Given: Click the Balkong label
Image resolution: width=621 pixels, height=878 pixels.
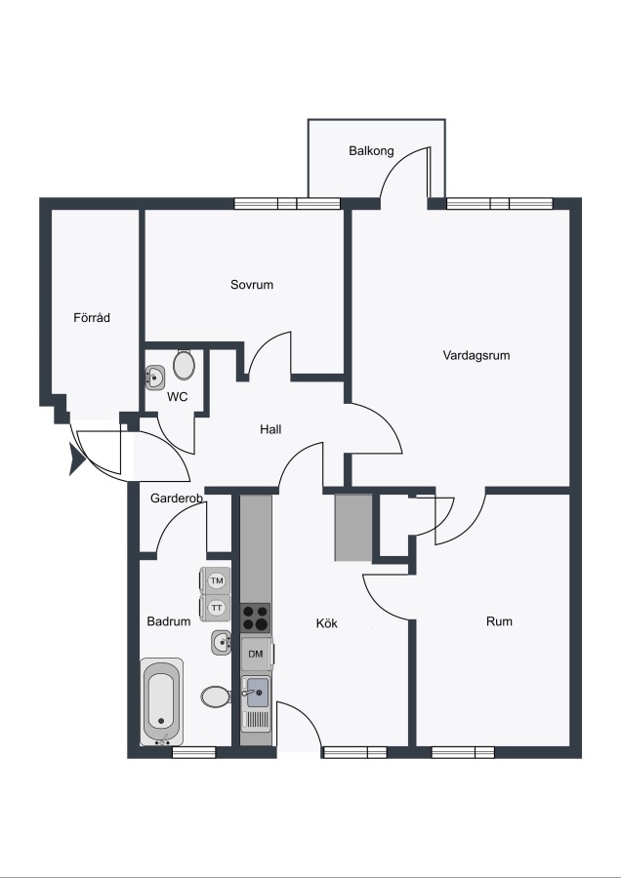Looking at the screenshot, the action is point(371,151).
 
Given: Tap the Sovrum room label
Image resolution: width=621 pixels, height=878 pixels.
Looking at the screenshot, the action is point(252,285).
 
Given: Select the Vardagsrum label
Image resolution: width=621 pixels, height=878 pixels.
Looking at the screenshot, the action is point(476,355).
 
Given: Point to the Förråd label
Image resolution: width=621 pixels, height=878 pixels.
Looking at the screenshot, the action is point(92,317).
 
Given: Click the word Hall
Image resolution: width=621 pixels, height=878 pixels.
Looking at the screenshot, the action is point(270,429).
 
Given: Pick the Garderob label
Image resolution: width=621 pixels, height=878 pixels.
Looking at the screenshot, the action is point(177,498).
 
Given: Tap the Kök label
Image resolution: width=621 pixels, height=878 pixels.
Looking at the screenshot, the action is point(327,623).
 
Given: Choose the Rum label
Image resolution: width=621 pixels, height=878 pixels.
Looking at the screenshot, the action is point(499,621).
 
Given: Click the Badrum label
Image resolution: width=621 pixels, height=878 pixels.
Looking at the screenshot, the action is point(169,621).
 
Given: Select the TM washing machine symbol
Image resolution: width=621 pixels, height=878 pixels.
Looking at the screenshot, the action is point(215,581).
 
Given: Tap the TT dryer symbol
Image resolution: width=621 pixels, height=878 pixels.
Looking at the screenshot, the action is point(215,608).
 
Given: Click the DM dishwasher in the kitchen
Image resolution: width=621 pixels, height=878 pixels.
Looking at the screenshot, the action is point(257,654).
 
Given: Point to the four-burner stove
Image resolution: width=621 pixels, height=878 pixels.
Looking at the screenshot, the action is point(255,619).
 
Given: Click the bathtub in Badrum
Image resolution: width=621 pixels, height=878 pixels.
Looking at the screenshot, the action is point(161,701).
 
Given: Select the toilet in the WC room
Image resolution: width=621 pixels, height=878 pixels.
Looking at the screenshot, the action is point(184,365).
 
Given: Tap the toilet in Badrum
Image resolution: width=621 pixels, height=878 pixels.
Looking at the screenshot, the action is point(216,698).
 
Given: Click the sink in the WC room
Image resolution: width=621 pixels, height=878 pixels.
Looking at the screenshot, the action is point(154,378).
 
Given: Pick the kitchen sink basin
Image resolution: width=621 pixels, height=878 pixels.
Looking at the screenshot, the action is point(257,693).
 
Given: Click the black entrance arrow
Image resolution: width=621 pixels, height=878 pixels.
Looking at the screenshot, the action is point(77,459).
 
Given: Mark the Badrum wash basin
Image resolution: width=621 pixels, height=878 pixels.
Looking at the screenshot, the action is point(222,642).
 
